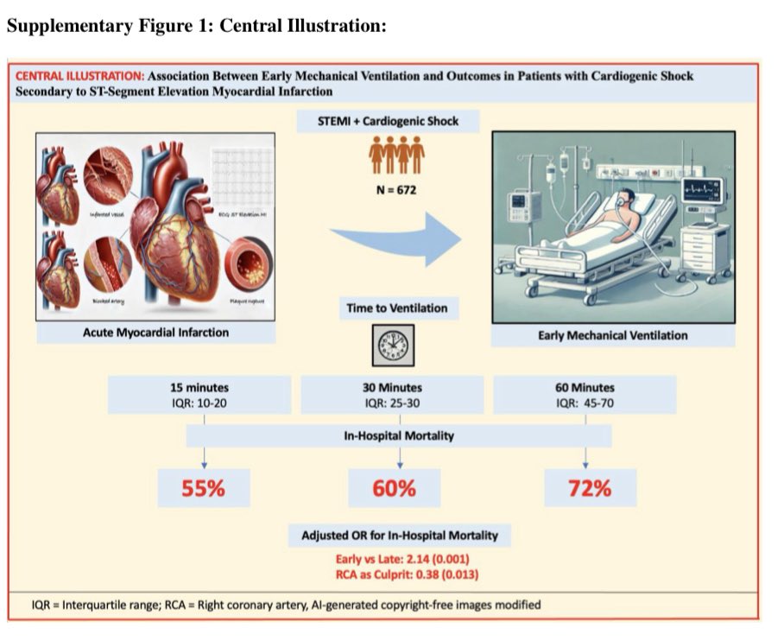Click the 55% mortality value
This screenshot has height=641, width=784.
(x=203, y=488)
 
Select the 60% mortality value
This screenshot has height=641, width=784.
(x=395, y=488)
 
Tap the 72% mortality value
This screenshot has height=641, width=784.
(x=590, y=488)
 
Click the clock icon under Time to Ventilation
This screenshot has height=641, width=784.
(x=397, y=346)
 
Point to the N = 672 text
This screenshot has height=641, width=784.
(x=396, y=189)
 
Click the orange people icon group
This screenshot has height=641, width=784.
(x=396, y=155)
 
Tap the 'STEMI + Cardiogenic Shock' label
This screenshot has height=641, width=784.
(x=397, y=122)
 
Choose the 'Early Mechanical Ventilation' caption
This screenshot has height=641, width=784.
(x=612, y=334)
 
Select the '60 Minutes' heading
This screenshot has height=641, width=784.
(x=586, y=388)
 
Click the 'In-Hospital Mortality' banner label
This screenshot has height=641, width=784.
(x=395, y=436)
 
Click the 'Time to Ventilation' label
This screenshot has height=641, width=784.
(x=397, y=308)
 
